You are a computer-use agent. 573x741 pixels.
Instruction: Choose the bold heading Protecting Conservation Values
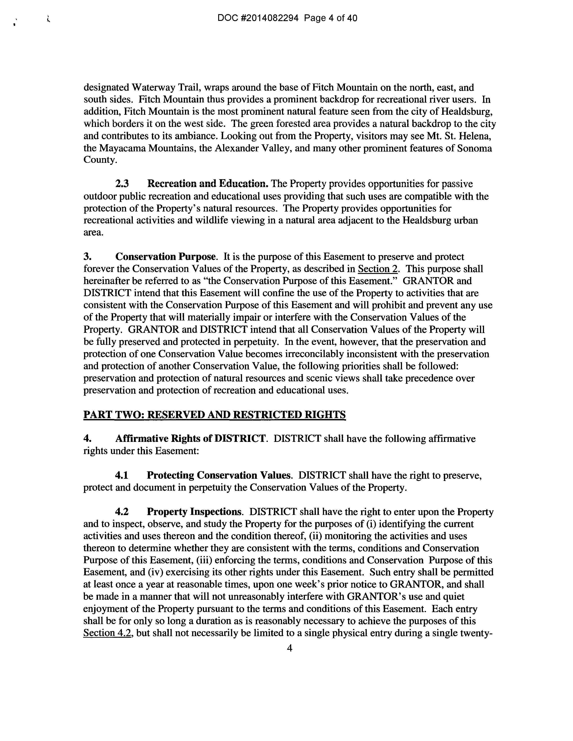[x=219, y=475]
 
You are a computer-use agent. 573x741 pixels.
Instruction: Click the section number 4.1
[x=122, y=475]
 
